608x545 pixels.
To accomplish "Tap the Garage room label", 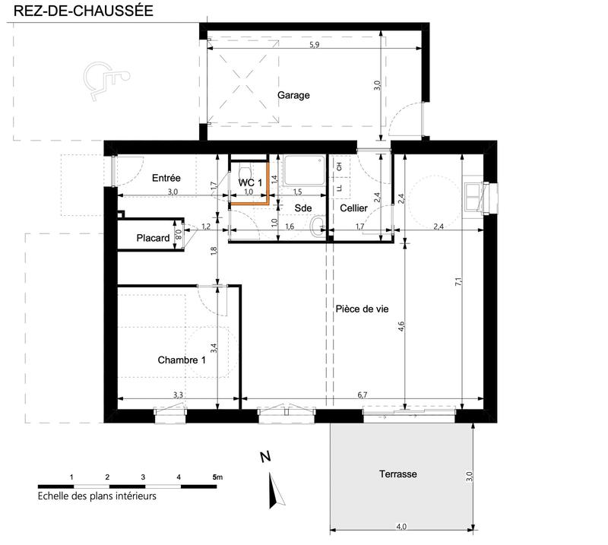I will click(x=293, y=96).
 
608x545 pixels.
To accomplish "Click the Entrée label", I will click(x=166, y=178).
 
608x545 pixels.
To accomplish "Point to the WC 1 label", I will click(x=250, y=183).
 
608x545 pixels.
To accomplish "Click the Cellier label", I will click(x=354, y=208).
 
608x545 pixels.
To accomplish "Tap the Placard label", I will click(x=153, y=239).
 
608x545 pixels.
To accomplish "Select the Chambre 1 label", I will click(x=182, y=360).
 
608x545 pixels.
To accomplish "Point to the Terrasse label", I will click(x=398, y=474).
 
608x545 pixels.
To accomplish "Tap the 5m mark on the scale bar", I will click(x=218, y=477).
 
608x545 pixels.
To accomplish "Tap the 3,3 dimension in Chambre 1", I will click(x=178, y=395).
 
